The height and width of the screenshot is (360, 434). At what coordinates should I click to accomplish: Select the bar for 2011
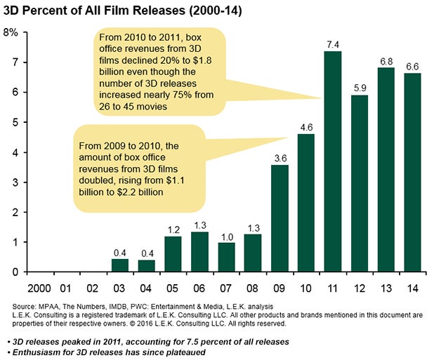[x=334, y=161]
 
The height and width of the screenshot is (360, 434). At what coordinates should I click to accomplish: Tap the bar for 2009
[x=280, y=218]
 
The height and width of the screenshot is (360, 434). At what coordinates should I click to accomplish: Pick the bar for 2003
[x=120, y=265]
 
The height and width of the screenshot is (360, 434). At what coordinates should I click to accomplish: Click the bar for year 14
[x=413, y=173]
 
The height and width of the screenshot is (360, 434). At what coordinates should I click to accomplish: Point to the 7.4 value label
[x=334, y=44]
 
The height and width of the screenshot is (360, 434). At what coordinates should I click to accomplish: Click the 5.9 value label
[x=360, y=89]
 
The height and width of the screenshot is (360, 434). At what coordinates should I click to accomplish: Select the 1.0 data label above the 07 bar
[x=227, y=236]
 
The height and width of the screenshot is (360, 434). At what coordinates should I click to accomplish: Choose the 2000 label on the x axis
[x=41, y=288]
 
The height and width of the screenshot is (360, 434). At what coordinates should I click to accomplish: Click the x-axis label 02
[x=94, y=288]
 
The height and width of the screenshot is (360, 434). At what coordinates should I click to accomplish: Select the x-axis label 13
[x=386, y=288]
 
